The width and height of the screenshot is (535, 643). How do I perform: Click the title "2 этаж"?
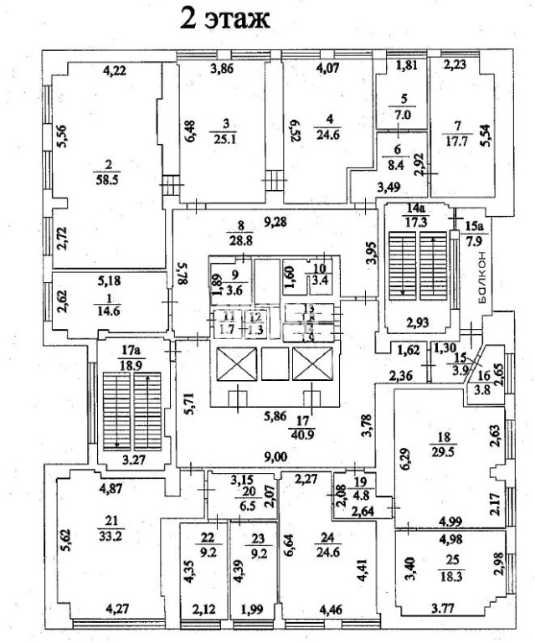pyautogui.click(x=225, y=18)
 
